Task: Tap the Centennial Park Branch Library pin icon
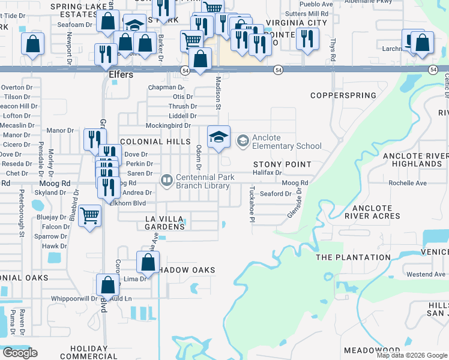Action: click(166, 179)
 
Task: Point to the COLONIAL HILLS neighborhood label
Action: click(151, 142)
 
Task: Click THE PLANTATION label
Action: click(353, 257)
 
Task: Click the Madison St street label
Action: click(218, 93)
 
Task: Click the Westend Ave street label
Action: click(426, 274)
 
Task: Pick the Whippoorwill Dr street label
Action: click(74, 298)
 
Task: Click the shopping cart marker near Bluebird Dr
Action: click(89, 215)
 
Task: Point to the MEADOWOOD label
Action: click(372, 350)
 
